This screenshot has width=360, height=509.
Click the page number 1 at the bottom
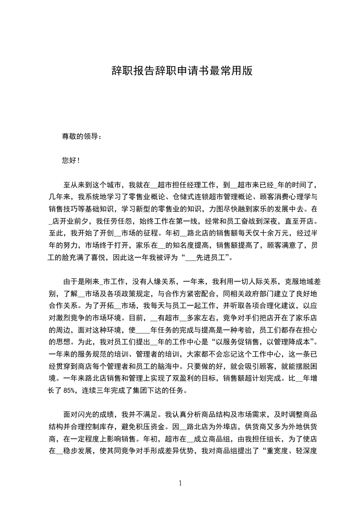(180, 483)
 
